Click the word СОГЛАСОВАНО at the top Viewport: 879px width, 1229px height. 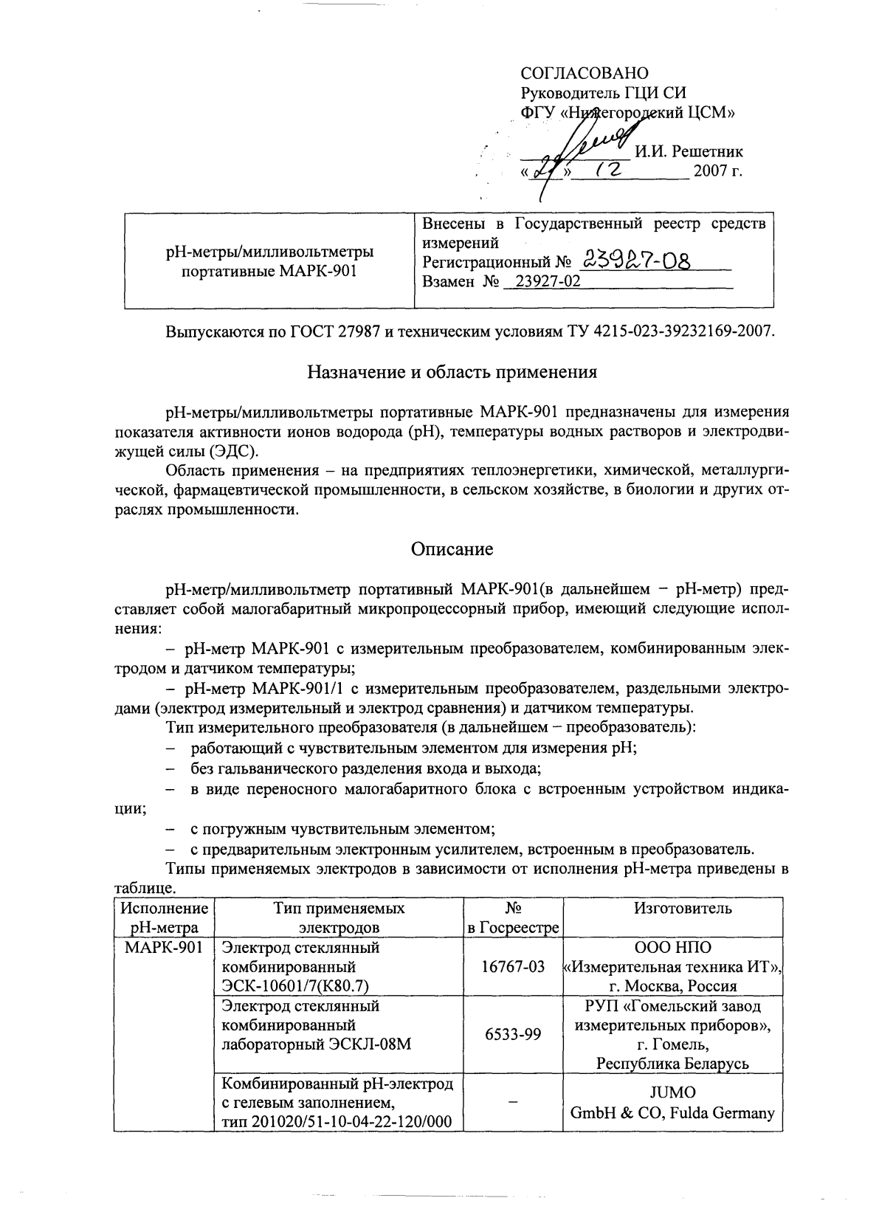[585, 73]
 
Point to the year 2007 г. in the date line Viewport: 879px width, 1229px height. [717, 172]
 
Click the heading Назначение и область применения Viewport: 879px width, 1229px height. [452, 371]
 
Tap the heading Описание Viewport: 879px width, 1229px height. [452, 548]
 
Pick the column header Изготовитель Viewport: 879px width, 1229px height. [672, 909]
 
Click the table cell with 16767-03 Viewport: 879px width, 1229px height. [513, 966]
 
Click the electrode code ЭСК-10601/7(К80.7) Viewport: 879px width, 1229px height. [295, 985]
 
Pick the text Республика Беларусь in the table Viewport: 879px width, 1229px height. [672, 1064]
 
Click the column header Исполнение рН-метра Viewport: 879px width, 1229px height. [163, 918]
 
